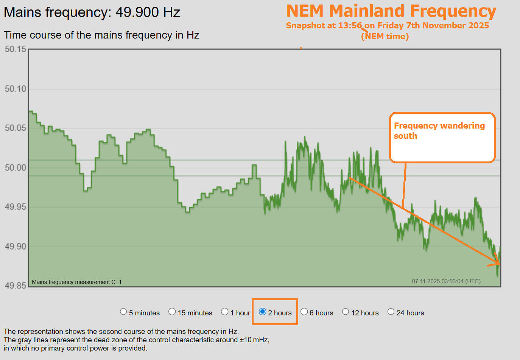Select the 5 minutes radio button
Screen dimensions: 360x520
(x=123, y=312)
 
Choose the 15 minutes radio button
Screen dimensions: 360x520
(x=172, y=312)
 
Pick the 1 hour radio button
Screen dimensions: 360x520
(x=225, y=312)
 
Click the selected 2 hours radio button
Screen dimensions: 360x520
(x=263, y=312)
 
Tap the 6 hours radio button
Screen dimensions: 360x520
(x=304, y=312)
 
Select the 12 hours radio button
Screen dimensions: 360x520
(x=346, y=312)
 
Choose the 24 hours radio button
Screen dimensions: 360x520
(x=391, y=312)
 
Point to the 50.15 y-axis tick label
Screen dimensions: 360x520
(x=16, y=49)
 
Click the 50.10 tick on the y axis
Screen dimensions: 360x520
(x=16, y=89)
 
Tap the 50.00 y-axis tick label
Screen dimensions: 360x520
(x=16, y=168)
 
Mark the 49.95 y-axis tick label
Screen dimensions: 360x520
(x=16, y=207)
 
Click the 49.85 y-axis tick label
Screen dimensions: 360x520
(x=16, y=286)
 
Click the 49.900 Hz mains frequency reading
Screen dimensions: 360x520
(x=148, y=12)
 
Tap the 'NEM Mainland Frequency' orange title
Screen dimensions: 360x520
(x=391, y=11)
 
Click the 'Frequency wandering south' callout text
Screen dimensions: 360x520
(x=439, y=131)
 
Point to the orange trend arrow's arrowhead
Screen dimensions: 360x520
(x=497, y=262)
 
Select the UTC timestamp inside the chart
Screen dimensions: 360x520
(x=446, y=281)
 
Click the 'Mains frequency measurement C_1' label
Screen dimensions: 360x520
(x=76, y=282)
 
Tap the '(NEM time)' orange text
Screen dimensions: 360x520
(x=385, y=37)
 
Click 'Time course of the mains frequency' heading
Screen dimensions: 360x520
(x=101, y=35)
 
